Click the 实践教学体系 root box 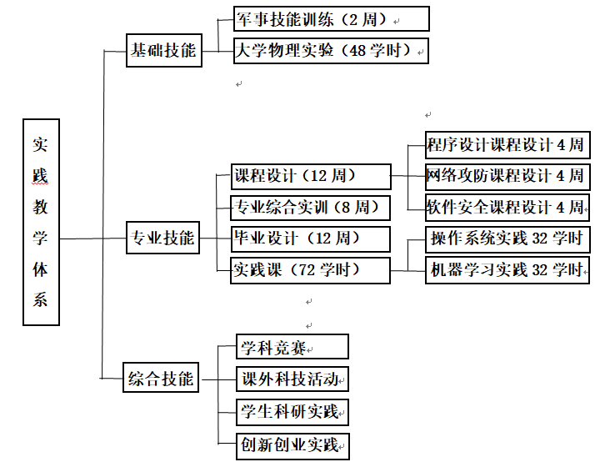[x=41, y=221]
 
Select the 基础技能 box [x=163, y=50]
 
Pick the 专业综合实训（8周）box [x=311, y=207]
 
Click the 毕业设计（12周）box [x=311, y=239]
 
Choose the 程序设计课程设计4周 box [x=507, y=145]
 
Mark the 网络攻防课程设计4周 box [x=507, y=176]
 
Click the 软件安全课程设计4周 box [x=507, y=207]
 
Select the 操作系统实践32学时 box [x=507, y=239]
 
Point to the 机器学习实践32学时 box [x=507, y=270]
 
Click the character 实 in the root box [x=41, y=143]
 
